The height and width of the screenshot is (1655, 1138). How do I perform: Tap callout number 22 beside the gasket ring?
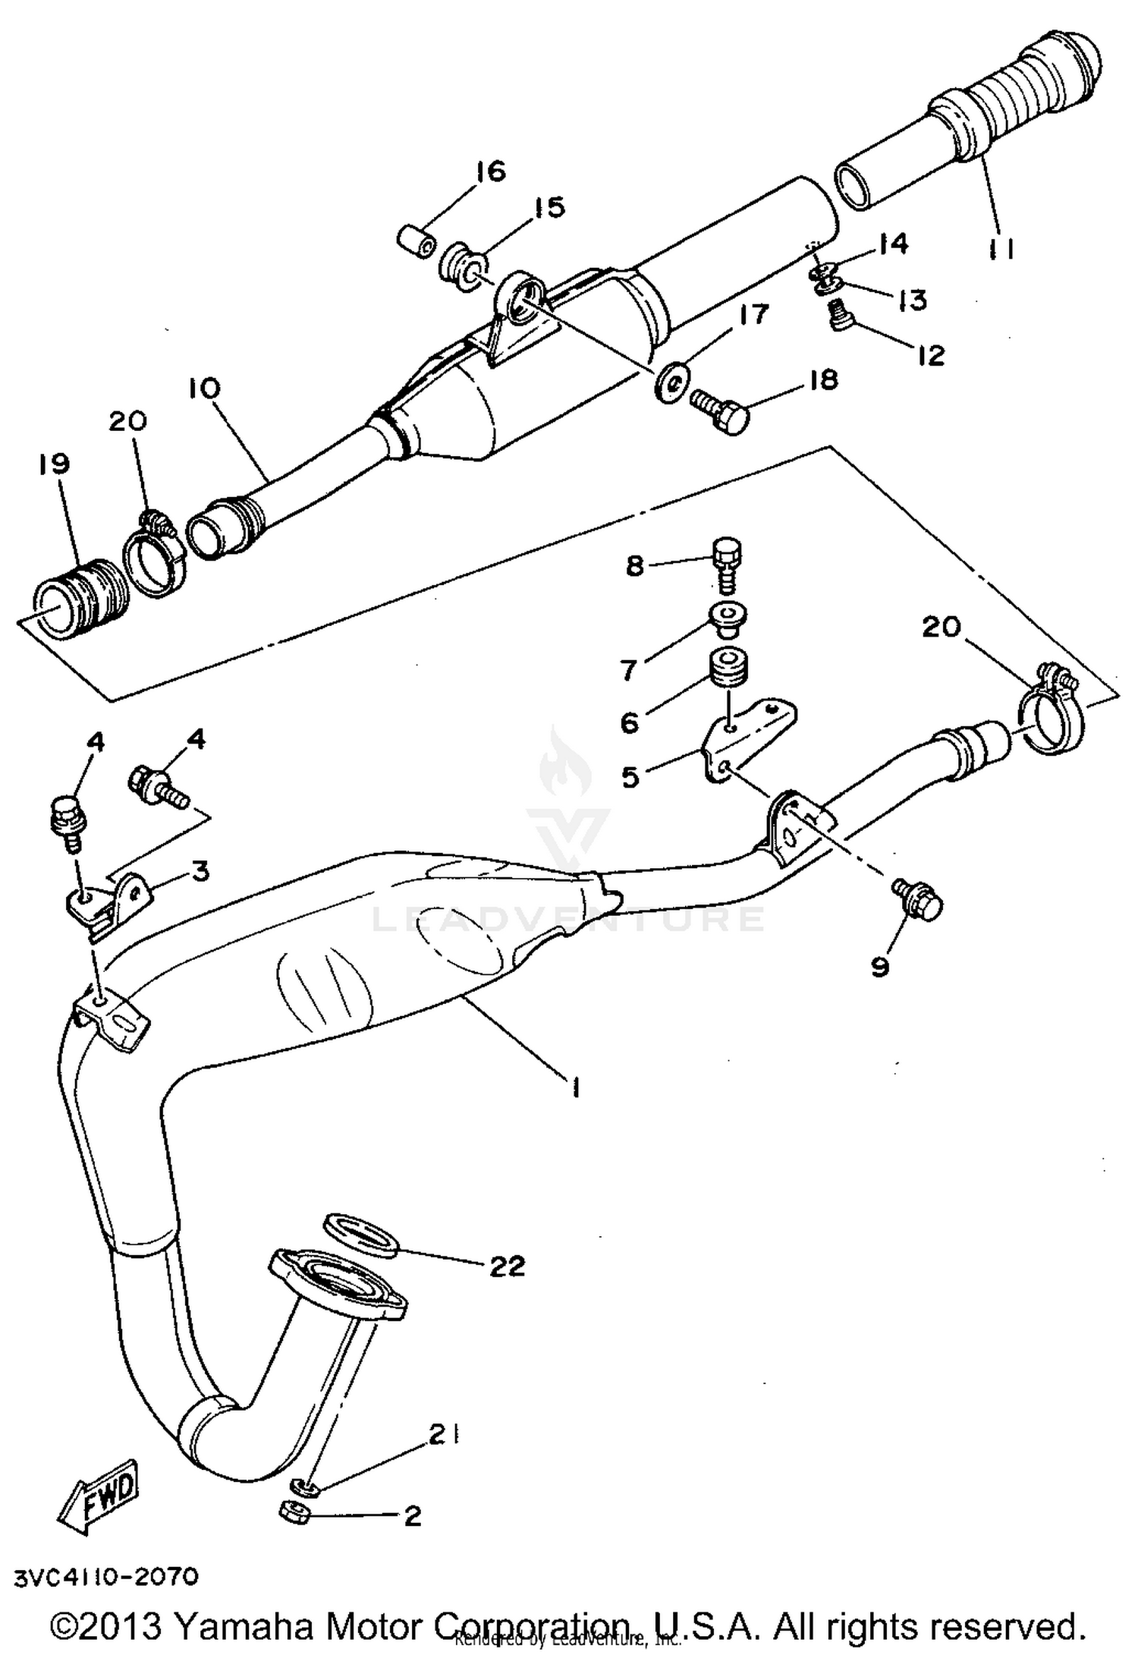[x=507, y=1266]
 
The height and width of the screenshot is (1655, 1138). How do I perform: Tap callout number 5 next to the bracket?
[x=630, y=777]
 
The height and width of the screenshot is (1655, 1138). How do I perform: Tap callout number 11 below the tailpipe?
[x=1001, y=248]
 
